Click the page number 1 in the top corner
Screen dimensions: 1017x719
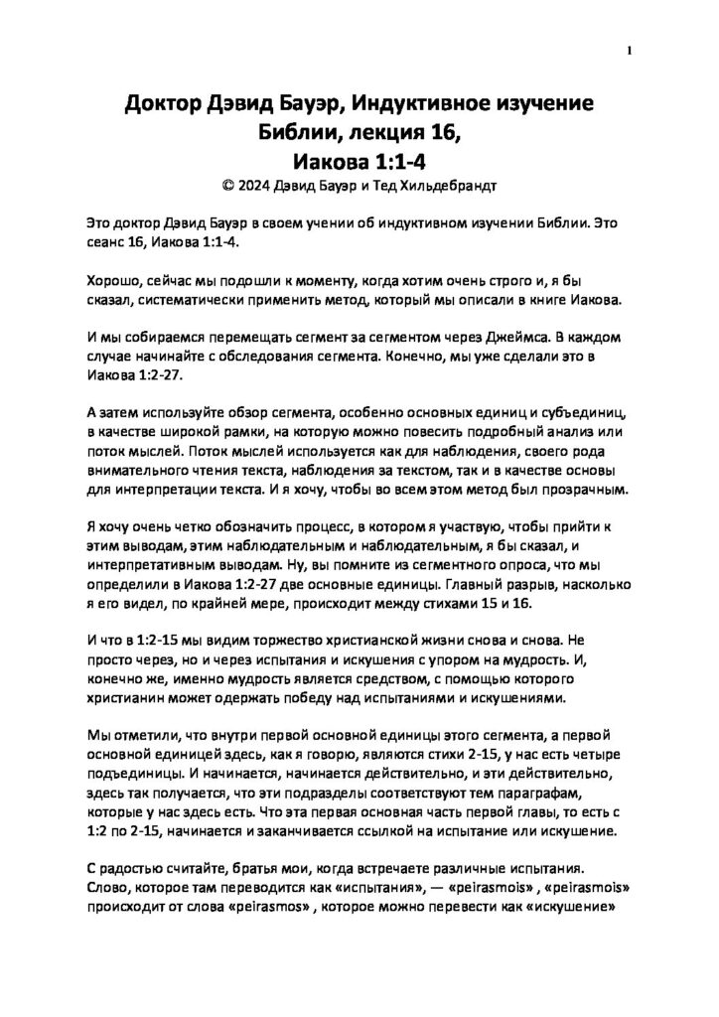[x=631, y=52]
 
